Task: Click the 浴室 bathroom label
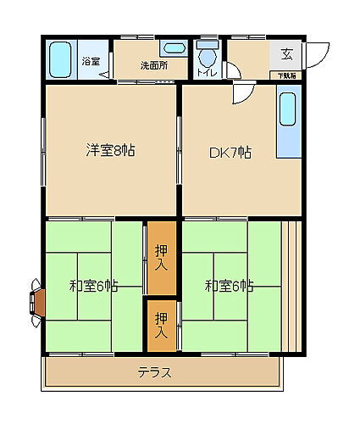(90, 61)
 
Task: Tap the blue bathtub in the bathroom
(60, 60)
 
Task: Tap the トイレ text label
(208, 73)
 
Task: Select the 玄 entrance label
(287, 55)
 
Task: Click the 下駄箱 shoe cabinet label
(288, 76)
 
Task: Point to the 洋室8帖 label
(110, 151)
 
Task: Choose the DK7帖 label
(230, 153)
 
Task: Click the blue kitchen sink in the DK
(288, 123)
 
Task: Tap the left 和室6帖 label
(93, 287)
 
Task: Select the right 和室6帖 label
(229, 287)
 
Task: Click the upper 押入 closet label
(162, 257)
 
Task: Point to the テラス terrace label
(155, 372)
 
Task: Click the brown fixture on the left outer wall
(37, 302)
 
